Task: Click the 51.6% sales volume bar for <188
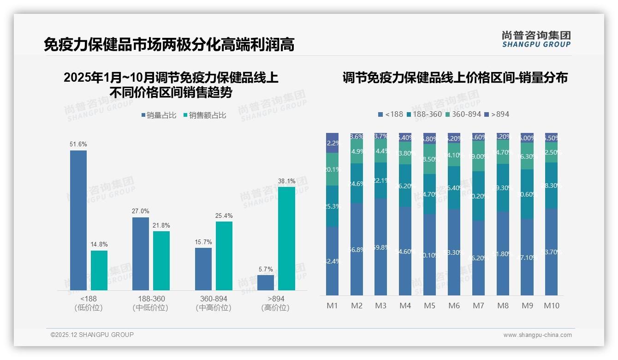(78, 220)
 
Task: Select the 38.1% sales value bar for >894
(286, 238)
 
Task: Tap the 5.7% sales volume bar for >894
(266, 282)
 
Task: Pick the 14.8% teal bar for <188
(99, 270)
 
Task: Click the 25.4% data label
(224, 216)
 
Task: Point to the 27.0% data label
(141, 211)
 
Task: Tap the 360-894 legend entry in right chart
(463, 114)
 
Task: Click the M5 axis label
(429, 306)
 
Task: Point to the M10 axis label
(552, 306)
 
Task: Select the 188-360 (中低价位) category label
(151, 303)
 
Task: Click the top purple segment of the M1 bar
(332, 143)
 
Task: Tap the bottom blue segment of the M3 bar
(380, 247)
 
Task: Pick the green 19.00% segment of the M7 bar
(478, 156)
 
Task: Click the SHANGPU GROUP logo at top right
(536, 39)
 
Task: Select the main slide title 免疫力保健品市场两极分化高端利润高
(169, 45)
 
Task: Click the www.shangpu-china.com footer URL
(537, 335)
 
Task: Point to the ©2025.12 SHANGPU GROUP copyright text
(92, 335)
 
